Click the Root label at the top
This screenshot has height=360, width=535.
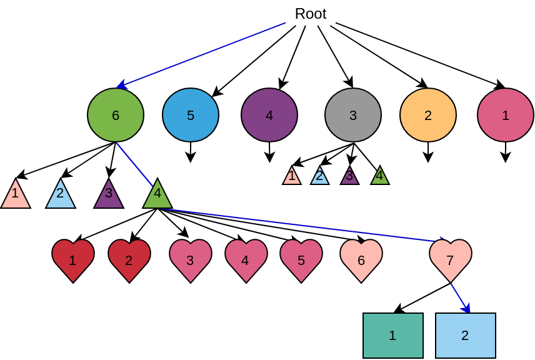[x=310, y=14]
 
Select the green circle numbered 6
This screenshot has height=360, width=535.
[x=116, y=115]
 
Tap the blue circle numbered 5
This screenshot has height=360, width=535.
[x=191, y=115]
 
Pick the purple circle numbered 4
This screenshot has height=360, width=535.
[x=269, y=115]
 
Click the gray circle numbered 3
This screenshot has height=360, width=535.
[x=353, y=115]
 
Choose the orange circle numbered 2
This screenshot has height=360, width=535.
[x=428, y=115]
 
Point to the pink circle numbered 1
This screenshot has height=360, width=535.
[x=506, y=115]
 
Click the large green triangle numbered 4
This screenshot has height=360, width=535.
[x=157, y=196]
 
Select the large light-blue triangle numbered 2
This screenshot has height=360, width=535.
[x=61, y=196]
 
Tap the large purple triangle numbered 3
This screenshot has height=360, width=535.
[x=109, y=196]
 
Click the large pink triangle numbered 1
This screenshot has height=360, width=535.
[x=16, y=196]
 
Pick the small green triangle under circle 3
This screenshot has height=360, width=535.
[x=380, y=177]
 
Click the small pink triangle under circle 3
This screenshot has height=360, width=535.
[x=292, y=177]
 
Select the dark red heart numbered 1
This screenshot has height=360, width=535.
[x=73, y=259]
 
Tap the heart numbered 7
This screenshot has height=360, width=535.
[x=451, y=259]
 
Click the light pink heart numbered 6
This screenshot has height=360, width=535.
[x=361, y=259]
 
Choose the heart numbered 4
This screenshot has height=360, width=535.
[x=246, y=259]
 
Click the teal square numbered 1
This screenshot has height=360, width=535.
[x=393, y=336]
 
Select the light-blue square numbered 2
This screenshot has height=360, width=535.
[x=466, y=336]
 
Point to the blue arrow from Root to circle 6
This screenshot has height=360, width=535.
[x=200, y=56]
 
